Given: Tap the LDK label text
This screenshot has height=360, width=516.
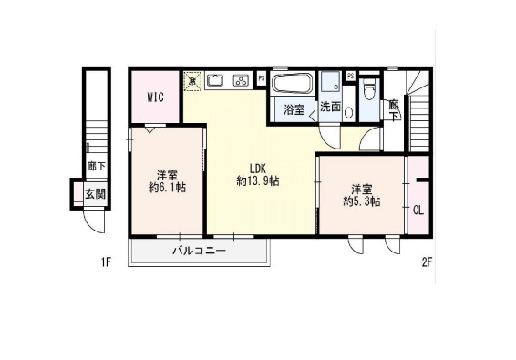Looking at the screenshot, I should (x=259, y=167).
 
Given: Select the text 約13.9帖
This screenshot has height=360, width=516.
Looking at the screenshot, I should (x=258, y=181).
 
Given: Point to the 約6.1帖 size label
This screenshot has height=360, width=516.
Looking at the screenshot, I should (x=166, y=188).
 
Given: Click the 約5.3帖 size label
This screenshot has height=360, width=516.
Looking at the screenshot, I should (x=361, y=201).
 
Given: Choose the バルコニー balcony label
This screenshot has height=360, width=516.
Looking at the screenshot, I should (x=198, y=250).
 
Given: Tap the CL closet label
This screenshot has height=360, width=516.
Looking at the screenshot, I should (x=418, y=211).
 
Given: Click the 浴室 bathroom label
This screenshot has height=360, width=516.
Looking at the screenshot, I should (x=294, y=109).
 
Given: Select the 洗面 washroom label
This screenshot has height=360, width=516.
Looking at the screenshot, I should (x=329, y=108).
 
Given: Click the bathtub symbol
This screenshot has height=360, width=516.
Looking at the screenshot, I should (x=293, y=85).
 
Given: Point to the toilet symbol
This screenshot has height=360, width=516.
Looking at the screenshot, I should (x=368, y=88).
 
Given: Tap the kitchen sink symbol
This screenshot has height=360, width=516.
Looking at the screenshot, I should (x=217, y=80).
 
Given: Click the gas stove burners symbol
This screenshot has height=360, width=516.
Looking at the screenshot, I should (x=242, y=80).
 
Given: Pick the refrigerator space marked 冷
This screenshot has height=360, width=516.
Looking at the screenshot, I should (x=192, y=80).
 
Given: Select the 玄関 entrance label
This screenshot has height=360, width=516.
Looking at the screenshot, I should (x=95, y=193).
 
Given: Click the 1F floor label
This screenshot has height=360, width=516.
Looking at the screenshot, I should (x=106, y=263).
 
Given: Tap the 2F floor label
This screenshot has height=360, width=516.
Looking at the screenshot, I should (x=425, y=263).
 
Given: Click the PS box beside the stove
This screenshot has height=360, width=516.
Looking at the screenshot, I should (x=262, y=78).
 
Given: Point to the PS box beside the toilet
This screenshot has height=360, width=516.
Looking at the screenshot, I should (x=350, y=76).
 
